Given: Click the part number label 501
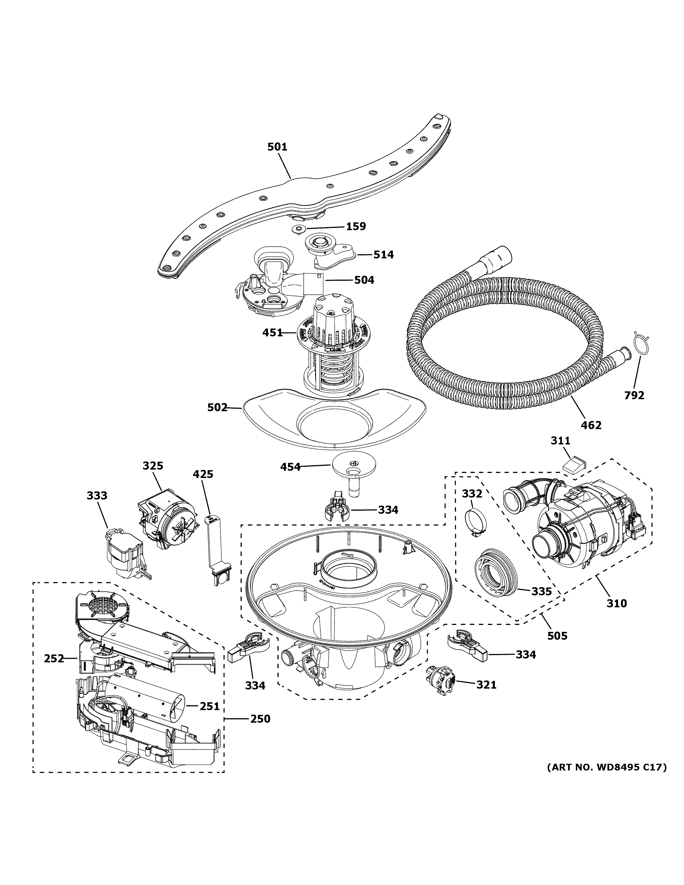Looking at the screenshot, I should click(277, 147).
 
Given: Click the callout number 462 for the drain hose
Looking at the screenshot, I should click(591, 425).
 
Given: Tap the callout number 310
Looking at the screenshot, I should click(616, 615).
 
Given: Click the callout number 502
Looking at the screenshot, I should click(217, 408).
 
